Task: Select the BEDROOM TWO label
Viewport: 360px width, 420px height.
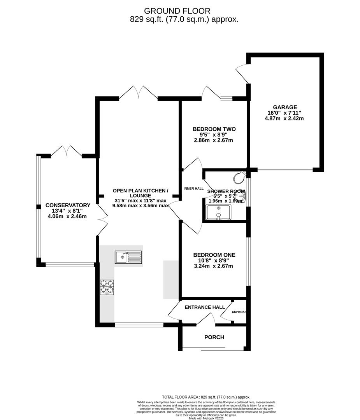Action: (214, 129)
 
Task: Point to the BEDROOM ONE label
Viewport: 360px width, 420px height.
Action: (214, 255)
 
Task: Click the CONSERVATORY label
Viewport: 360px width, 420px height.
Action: (68, 205)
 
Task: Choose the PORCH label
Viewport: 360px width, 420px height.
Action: (214, 337)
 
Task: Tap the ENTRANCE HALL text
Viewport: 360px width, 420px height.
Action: (204, 307)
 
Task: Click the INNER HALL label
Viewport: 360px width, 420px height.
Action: (193, 189)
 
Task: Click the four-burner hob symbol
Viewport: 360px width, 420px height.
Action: (107, 287)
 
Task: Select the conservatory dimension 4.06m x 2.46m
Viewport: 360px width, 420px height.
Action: (68, 217)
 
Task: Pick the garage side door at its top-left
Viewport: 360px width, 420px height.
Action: (242, 73)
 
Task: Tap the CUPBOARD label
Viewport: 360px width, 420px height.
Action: (239, 312)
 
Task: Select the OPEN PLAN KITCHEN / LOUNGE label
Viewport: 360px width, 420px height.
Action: (140, 193)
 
